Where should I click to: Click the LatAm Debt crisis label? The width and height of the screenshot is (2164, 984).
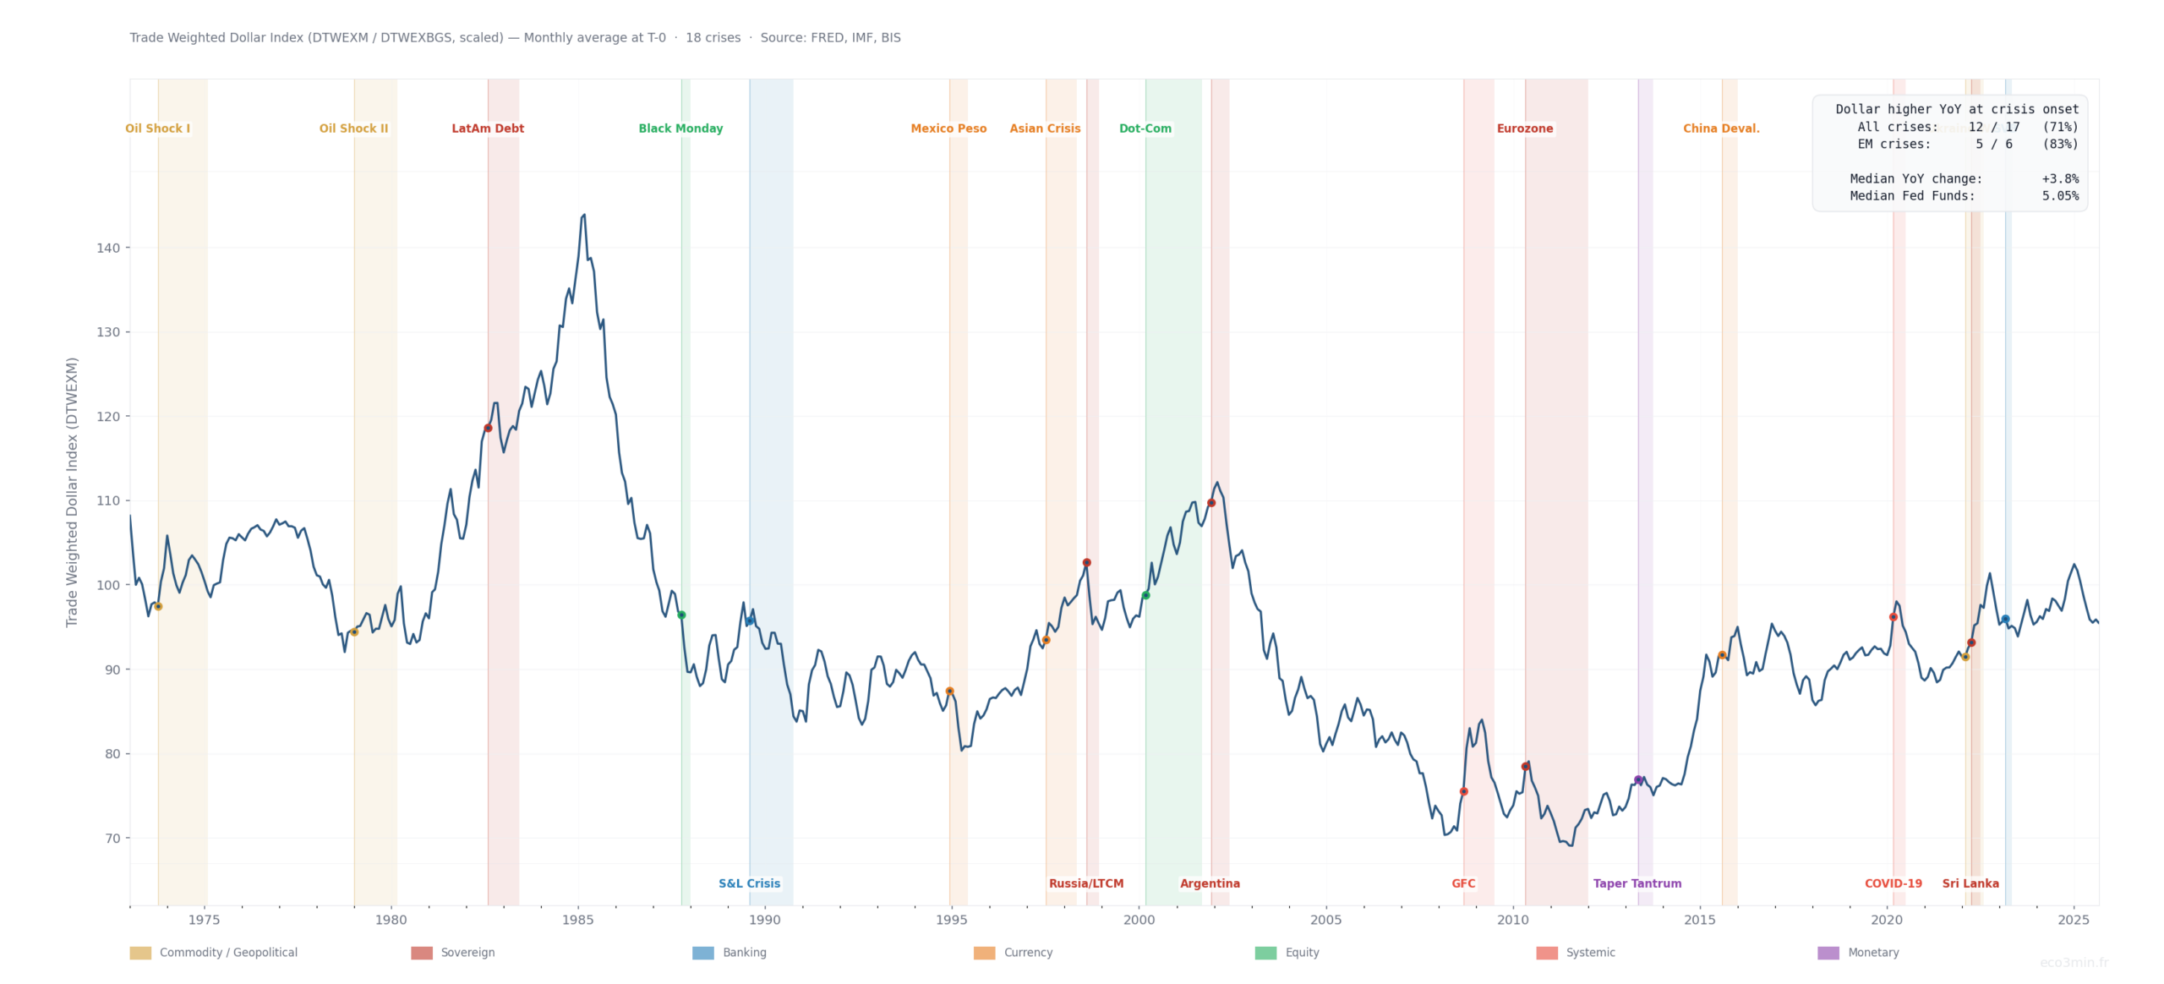487,128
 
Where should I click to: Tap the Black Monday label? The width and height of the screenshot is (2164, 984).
680,128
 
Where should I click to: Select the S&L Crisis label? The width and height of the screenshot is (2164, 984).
749,883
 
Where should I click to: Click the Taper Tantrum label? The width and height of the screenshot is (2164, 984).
1637,883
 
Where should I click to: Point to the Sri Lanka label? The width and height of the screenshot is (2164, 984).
1970,883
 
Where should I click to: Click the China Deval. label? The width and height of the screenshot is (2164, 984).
1720,128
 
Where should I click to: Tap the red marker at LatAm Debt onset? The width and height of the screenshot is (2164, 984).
488,428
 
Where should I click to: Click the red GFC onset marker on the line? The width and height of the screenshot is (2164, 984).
1463,792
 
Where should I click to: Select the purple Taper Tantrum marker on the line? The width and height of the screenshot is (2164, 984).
1638,780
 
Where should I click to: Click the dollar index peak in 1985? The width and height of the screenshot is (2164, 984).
583,216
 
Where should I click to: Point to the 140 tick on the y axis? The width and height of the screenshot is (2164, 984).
108,248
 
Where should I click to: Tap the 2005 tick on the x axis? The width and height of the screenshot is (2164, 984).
1325,920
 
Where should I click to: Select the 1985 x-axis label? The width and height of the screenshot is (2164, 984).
578,920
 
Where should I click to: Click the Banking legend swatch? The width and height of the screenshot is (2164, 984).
702,953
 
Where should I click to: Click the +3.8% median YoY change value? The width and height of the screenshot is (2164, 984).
2059,178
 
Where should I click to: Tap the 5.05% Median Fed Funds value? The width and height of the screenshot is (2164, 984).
2059,196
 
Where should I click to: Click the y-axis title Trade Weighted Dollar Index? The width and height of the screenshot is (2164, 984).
72,492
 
